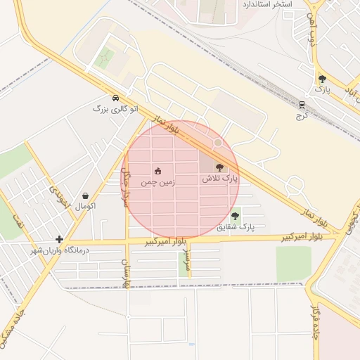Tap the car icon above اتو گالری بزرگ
point(115,98)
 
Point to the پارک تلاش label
point(221,179)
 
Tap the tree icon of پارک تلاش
point(219,167)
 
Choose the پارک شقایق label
point(236,227)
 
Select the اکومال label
point(85,207)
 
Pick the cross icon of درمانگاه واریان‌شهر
point(60,240)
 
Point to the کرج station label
point(302,115)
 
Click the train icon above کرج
point(302,105)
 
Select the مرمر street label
point(186,259)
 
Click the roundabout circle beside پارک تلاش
point(218,143)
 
